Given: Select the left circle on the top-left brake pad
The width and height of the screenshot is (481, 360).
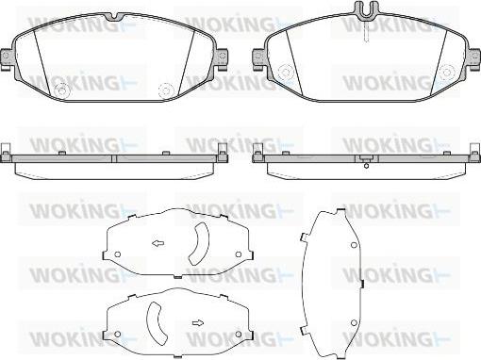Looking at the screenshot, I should click(x=62, y=91).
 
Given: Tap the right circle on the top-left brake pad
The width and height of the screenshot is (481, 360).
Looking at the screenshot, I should click(x=164, y=91).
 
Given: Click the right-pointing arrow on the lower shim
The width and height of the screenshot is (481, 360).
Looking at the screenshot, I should click(x=197, y=321).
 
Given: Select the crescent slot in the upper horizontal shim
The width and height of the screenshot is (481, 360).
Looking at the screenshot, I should click(x=198, y=244).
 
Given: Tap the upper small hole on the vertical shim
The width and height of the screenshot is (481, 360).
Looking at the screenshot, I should click(x=352, y=245).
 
